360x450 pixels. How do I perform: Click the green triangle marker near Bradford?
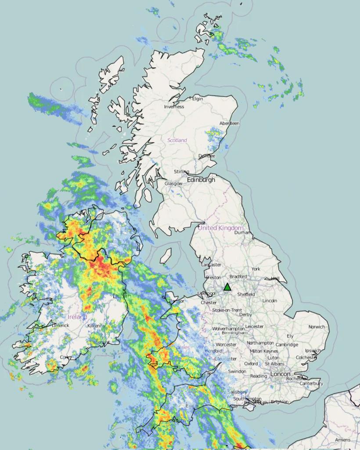227,287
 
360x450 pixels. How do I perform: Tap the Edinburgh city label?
201,180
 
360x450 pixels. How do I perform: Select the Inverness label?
174,107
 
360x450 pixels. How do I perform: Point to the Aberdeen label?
229,123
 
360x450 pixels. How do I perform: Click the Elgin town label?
198,99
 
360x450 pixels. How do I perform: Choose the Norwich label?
317,327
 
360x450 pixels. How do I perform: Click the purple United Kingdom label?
220,228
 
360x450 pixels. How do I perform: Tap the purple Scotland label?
177,140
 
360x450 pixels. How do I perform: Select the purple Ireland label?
77,317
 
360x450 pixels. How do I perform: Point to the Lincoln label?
270,301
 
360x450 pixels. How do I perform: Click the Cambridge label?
287,345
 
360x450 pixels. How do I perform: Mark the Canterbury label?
311,384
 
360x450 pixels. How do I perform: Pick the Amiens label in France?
342,440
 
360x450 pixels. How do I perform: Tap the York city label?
256,269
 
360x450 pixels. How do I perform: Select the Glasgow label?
173,184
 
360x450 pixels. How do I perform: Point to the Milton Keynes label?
264,351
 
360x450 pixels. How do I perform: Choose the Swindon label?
237,371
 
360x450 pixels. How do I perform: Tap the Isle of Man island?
166,256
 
